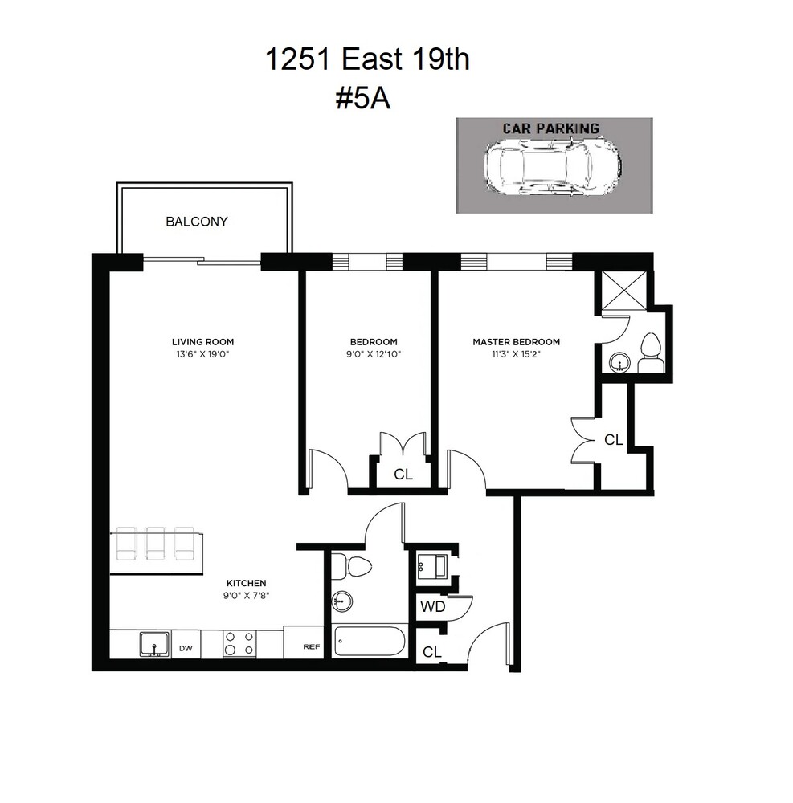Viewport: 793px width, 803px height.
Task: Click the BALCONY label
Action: pyautogui.click(x=196, y=222)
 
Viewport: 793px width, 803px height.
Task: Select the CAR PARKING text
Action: pyautogui.click(x=550, y=128)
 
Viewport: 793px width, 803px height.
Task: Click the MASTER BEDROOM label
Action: pyautogui.click(x=516, y=342)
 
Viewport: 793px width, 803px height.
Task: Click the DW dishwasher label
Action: pyautogui.click(x=186, y=648)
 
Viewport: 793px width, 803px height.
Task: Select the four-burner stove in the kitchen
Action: pyautogui.click(x=238, y=644)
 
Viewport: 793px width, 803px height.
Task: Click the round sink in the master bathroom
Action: pyautogui.click(x=619, y=362)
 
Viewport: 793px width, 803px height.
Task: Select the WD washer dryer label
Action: pyautogui.click(x=432, y=607)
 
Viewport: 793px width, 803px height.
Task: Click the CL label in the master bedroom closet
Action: pyautogui.click(x=613, y=440)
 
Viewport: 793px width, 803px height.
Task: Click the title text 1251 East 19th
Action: pyautogui.click(x=367, y=60)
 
